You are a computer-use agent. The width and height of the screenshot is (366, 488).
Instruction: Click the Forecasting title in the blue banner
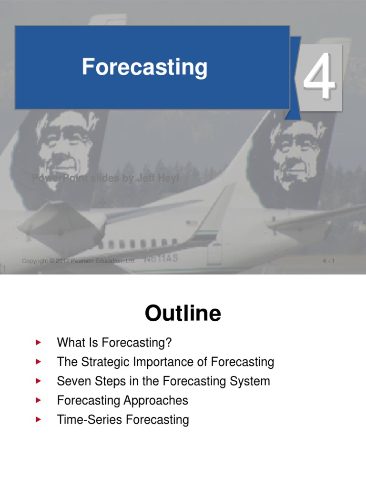(x=144, y=67)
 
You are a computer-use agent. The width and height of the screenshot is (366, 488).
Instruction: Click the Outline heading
(x=183, y=314)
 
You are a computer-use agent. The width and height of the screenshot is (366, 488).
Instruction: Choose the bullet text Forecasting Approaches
(x=122, y=400)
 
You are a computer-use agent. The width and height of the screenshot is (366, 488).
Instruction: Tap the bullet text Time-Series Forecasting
(x=123, y=420)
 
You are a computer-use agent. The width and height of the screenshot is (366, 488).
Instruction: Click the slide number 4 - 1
(x=329, y=261)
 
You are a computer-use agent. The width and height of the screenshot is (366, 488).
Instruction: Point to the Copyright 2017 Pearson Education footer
(x=79, y=261)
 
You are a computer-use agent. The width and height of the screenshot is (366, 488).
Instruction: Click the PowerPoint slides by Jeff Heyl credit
(x=105, y=179)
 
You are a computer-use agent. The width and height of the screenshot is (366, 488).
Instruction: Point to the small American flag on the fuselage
(x=192, y=223)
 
